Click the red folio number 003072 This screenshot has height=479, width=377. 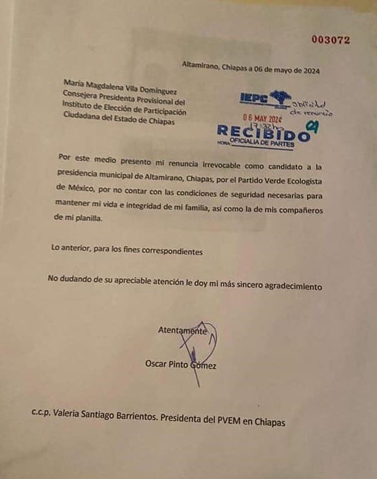(331, 40)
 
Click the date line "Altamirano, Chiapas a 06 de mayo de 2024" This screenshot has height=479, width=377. (250, 68)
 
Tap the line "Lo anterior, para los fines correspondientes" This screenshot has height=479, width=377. (127, 251)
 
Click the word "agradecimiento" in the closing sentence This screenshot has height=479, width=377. (287, 287)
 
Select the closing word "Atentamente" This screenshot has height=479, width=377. (182, 331)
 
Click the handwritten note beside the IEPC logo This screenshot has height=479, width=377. (311, 108)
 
